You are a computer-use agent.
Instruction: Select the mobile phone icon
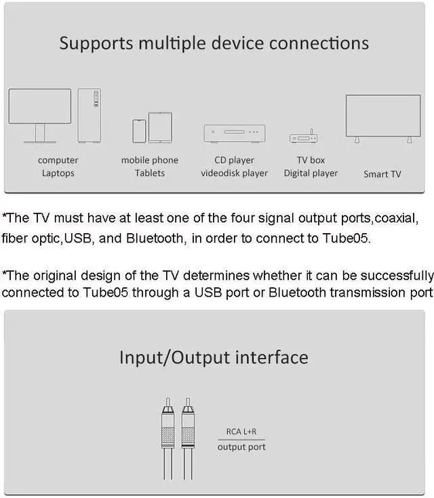139,131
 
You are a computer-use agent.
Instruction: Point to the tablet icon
160,127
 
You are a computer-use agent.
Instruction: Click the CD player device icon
234,133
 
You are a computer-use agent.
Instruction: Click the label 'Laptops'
58,173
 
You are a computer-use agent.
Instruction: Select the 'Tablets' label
149,173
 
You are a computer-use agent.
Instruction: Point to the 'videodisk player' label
234,173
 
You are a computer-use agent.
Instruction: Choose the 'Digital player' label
311,173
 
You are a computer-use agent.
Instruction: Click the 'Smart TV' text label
382,174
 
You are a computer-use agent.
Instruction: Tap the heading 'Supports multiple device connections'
214,43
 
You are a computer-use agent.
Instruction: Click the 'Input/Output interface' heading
214,357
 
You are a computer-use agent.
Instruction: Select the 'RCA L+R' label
241,432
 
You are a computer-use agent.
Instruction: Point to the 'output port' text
241,447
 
